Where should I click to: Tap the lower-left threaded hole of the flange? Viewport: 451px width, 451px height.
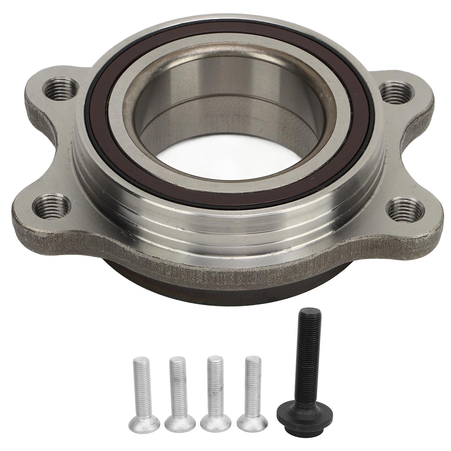pos(51,206)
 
